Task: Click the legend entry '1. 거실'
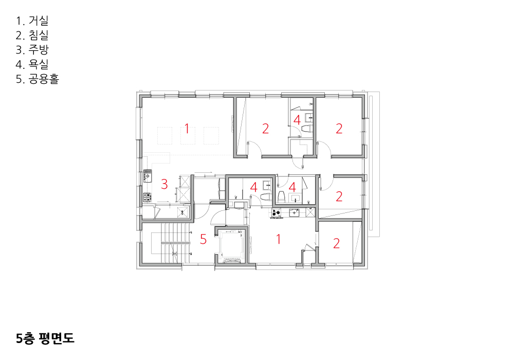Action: [32, 21]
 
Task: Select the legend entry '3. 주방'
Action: [32, 49]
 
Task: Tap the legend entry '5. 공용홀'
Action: [38, 79]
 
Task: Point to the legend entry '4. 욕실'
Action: [32, 64]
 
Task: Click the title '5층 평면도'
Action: [45, 338]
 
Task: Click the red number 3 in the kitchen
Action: [164, 184]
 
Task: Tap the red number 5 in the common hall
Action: [203, 239]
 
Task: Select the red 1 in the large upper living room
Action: [187, 129]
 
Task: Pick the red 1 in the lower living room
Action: [278, 239]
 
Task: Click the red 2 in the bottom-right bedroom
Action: [336, 243]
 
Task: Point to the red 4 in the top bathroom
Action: [297, 120]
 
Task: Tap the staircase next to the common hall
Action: [171, 243]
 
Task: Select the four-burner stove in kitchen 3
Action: [147, 197]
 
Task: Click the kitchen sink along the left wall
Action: [147, 176]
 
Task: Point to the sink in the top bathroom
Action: [309, 117]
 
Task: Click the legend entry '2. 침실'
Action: [32, 35]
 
